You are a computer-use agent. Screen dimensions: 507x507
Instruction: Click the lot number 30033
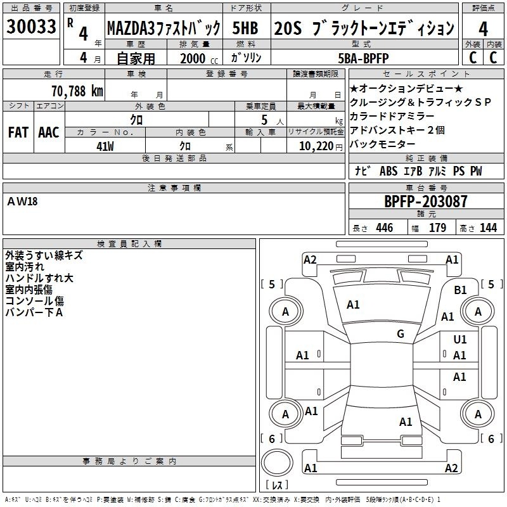click(31, 27)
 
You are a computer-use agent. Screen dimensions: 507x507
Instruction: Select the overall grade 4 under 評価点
click(483, 29)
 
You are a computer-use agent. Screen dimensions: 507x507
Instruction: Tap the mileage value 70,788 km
click(77, 91)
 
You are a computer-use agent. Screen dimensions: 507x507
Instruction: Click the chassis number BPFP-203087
click(426, 202)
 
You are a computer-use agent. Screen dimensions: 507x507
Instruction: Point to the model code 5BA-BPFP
click(363, 58)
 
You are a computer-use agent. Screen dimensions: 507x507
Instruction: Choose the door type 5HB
click(245, 28)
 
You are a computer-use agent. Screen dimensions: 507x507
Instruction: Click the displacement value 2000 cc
click(199, 58)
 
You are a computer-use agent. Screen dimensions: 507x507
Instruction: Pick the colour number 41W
click(105, 146)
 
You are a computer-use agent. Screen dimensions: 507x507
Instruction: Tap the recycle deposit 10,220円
click(321, 146)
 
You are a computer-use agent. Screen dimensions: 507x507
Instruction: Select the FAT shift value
click(18, 132)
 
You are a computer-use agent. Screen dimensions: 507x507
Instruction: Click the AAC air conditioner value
click(49, 132)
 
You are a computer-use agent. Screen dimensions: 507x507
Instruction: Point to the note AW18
click(22, 202)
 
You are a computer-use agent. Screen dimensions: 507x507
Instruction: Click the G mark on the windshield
click(401, 333)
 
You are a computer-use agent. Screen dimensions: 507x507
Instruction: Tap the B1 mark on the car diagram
click(460, 290)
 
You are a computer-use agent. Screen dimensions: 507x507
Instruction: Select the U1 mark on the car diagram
click(460, 339)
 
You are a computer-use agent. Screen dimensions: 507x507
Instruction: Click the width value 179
click(437, 228)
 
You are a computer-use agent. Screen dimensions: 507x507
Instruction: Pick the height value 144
click(488, 228)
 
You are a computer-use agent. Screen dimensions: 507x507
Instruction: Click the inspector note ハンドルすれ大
click(39, 278)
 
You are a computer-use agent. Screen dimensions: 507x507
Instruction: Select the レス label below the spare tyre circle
click(277, 485)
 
